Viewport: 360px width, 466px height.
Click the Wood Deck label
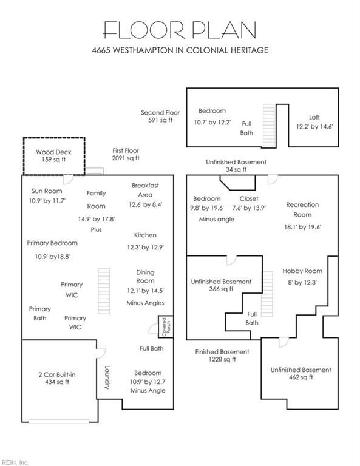click(x=53, y=152)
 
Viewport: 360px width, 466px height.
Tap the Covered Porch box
click(x=166, y=326)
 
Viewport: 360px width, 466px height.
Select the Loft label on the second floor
click(x=314, y=117)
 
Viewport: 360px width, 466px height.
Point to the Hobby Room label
click(x=302, y=271)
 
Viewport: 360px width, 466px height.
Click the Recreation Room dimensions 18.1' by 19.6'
click(x=302, y=227)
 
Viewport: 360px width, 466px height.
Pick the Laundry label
click(x=107, y=377)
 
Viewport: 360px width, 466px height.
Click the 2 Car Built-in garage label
click(x=57, y=374)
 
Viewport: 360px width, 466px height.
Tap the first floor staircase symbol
click(x=104, y=291)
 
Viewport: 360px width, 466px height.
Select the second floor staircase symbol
click(x=269, y=126)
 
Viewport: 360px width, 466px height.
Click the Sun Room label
click(x=47, y=191)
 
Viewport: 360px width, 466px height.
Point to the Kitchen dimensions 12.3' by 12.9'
click(x=145, y=247)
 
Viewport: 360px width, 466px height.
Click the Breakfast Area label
click(x=145, y=190)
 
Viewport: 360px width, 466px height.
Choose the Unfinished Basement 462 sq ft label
click(x=301, y=374)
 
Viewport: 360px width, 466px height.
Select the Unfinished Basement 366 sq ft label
click(x=221, y=285)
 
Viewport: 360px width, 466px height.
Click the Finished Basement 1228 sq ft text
click(x=222, y=356)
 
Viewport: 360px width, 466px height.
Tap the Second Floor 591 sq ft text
click(x=160, y=116)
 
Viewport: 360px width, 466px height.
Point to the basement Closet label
click(x=249, y=198)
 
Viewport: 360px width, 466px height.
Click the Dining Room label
click(x=145, y=277)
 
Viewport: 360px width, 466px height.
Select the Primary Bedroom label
click(x=52, y=243)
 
